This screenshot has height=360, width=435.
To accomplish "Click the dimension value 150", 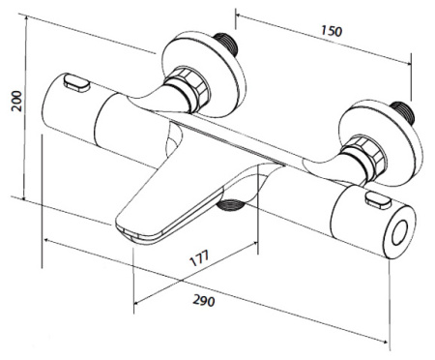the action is tap(332, 31).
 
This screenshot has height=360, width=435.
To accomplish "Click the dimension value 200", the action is tap(16, 102).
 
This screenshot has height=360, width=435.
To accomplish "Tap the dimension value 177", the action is tap(200, 257).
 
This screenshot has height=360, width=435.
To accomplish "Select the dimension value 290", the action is tap(204, 300).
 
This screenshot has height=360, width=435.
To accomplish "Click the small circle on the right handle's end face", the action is tap(399, 233).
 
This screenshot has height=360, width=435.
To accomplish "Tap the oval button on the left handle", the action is tap(76, 82).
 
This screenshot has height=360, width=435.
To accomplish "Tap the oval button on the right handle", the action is tap(378, 200).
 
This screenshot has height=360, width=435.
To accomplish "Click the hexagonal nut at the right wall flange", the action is tap(364, 158).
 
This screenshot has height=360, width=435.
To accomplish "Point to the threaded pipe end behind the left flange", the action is tap(226, 43).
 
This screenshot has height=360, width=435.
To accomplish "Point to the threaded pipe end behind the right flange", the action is tap(402, 113).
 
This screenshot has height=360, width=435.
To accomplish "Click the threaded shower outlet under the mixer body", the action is tap(229, 205).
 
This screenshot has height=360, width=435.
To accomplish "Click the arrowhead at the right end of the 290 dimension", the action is tap(384, 342).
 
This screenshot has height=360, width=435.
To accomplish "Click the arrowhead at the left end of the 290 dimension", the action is tap(47, 240).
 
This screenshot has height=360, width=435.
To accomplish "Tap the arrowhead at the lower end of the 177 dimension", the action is tap(136, 302).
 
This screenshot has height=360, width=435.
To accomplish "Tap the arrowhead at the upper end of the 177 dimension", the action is tap(254, 244).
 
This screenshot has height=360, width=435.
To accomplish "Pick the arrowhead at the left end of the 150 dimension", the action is tap(239, 15).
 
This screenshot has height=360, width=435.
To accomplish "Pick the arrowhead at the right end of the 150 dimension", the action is tap(408, 63).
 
